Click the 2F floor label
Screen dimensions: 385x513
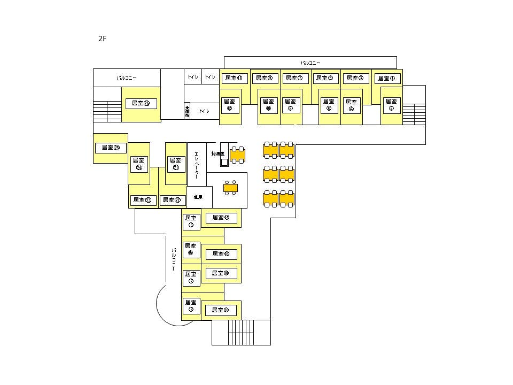click(x=103, y=39)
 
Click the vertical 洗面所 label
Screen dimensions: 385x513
click(x=187, y=111)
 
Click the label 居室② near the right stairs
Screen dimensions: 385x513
click(x=391, y=104)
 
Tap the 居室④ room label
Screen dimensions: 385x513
click(x=351, y=105)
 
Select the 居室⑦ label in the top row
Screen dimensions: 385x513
click(x=294, y=78)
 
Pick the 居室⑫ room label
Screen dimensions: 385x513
click(x=230, y=104)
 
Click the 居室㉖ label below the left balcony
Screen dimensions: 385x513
click(x=141, y=103)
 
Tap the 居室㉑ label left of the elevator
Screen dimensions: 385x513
click(x=175, y=163)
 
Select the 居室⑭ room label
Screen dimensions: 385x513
click(x=221, y=218)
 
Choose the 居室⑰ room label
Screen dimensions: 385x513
click(x=191, y=277)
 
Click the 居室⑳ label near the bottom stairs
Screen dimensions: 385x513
click(x=221, y=310)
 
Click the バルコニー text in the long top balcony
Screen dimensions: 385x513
click(x=310, y=63)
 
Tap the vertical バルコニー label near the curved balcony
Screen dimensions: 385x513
click(x=174, y=259)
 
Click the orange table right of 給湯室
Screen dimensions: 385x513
click(x=237, y=155)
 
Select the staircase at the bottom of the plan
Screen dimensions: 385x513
click(x=241, y=333)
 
